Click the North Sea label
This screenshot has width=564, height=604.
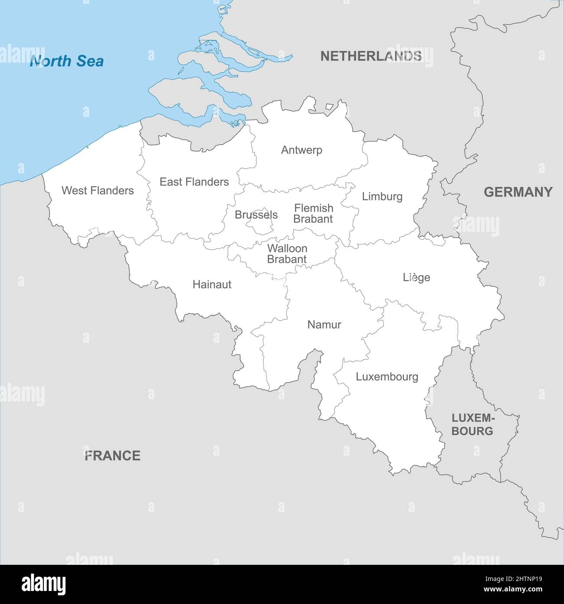coord(66,61)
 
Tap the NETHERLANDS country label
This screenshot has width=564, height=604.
coord(371,56)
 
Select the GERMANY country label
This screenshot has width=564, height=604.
coord(518,192)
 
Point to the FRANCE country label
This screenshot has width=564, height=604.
coord(112,455)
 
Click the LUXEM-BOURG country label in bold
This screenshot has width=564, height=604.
coord(472,425)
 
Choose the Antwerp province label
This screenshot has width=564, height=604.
coord(302,150)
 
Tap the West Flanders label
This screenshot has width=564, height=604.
coord(98,190)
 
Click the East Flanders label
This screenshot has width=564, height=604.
coord(194,182)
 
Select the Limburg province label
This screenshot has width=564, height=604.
coord(382,196)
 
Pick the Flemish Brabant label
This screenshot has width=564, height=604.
coord(313,213)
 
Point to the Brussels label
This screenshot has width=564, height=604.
coord(256,215)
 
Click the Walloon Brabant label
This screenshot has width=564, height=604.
coord(287,254)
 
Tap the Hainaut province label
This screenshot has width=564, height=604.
coord(212,285)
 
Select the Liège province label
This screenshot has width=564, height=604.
coord(416,277)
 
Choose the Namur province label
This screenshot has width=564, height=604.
coord(324,325)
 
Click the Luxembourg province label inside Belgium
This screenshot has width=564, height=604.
coord(387,377)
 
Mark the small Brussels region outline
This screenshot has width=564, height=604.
coord(259,226)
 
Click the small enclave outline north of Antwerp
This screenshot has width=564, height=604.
coord(329,106)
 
